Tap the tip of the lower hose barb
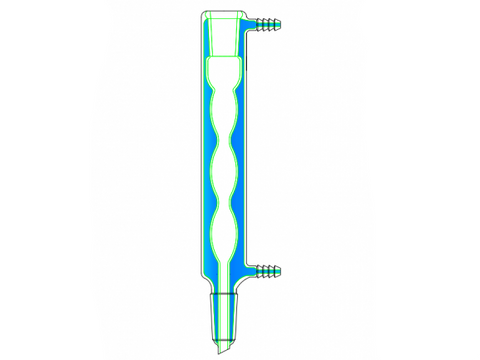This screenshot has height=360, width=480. pyautogui.click(x=282, y=270)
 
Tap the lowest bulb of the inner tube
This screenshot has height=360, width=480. pyautogui.click(x=225, y=233)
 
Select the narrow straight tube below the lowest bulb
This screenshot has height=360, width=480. pyautogui.click(x=225, y=275)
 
